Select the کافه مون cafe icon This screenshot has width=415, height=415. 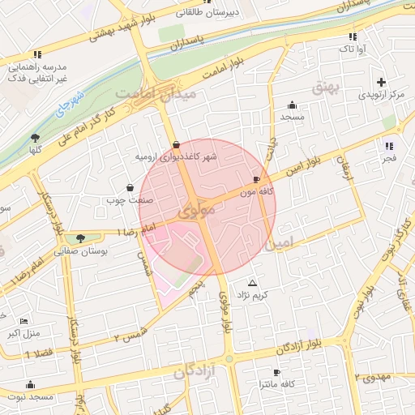(x=257, y=180)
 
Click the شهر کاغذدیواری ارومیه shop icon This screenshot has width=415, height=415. (x=177, y=144)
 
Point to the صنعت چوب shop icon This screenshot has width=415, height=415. (x=130, y=187)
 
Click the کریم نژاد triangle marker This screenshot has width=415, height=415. (x=252, y=284)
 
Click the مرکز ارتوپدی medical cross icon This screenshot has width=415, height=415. (x=381, y=83)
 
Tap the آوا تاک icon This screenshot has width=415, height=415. (x=353, y=36)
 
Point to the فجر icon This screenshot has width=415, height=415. (x=390, y=147)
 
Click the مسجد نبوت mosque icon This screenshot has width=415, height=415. (x=31, y=384)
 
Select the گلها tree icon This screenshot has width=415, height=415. (x=34, y=138)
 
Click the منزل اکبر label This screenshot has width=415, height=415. (x=24, y=333)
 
